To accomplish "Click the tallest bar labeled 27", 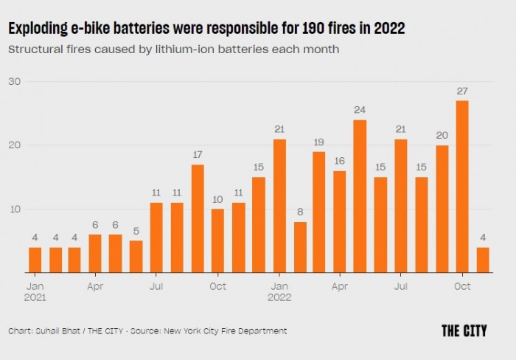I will [462, 187].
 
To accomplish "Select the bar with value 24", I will [360, 196].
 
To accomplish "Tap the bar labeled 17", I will [198, 218].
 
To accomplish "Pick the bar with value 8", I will [299, 247].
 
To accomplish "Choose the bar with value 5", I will [136, 257].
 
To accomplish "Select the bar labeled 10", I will [217, 240].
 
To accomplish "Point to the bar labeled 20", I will [442, 209].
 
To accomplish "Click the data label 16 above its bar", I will [339, 161].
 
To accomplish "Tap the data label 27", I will [462, 91].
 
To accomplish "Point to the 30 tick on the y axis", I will [15, 80].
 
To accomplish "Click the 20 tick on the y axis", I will [15, 145].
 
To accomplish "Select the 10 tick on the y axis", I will [15, 209].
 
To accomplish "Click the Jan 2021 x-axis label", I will [35, 291].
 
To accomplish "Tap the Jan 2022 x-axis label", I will [279, 291].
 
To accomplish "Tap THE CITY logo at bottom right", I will [464, 330].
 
